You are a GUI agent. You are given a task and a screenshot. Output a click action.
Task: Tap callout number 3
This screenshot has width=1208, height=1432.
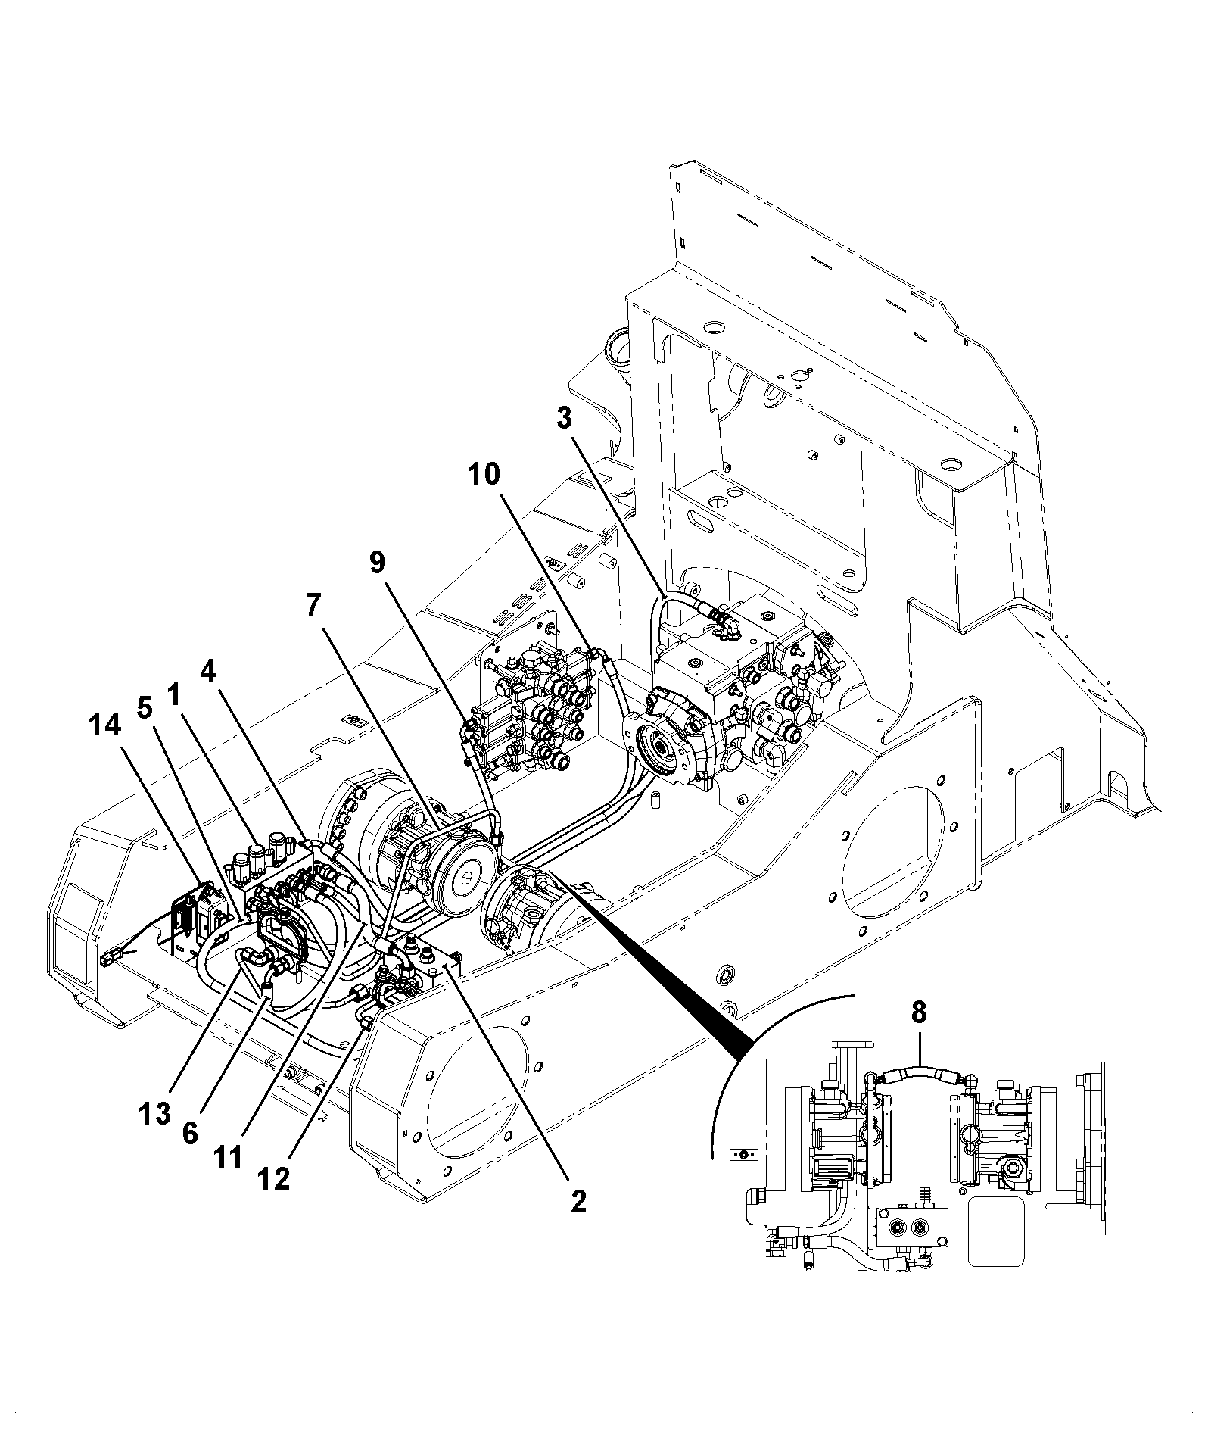tap(565, 419)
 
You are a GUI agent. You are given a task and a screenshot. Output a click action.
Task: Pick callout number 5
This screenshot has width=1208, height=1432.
tap(145, 708)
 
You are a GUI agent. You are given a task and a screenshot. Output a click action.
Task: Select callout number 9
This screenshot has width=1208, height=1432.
tap(377, 563)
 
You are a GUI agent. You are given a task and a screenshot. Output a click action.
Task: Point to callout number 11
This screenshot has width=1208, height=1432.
tap(229, 1157)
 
